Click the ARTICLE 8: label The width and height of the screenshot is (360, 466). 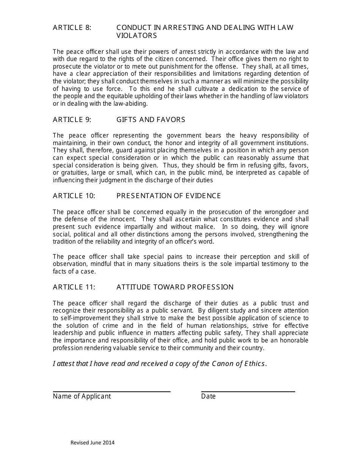(x=72, y=28)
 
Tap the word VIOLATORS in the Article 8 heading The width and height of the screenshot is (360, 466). (x=136, y=36)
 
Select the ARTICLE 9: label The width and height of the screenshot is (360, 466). (x=72, y=120)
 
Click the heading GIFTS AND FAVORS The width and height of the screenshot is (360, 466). (x=151, y=120)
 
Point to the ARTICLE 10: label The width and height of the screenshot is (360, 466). (x=74, y=196)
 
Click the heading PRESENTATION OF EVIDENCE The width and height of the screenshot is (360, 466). (x=169, y=196)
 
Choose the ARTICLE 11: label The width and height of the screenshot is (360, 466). (x=74, y=287)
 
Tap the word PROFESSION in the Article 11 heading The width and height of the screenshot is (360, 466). (x=212, y=287)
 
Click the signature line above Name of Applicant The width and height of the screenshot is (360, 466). (x=111, y=392)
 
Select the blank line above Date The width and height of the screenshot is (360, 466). (x=248, y=392)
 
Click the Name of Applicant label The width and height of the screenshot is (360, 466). (x=82, y=396)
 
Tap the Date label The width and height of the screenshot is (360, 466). (x=208, y=396)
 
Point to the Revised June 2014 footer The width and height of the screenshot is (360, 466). (x=92, y=443)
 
